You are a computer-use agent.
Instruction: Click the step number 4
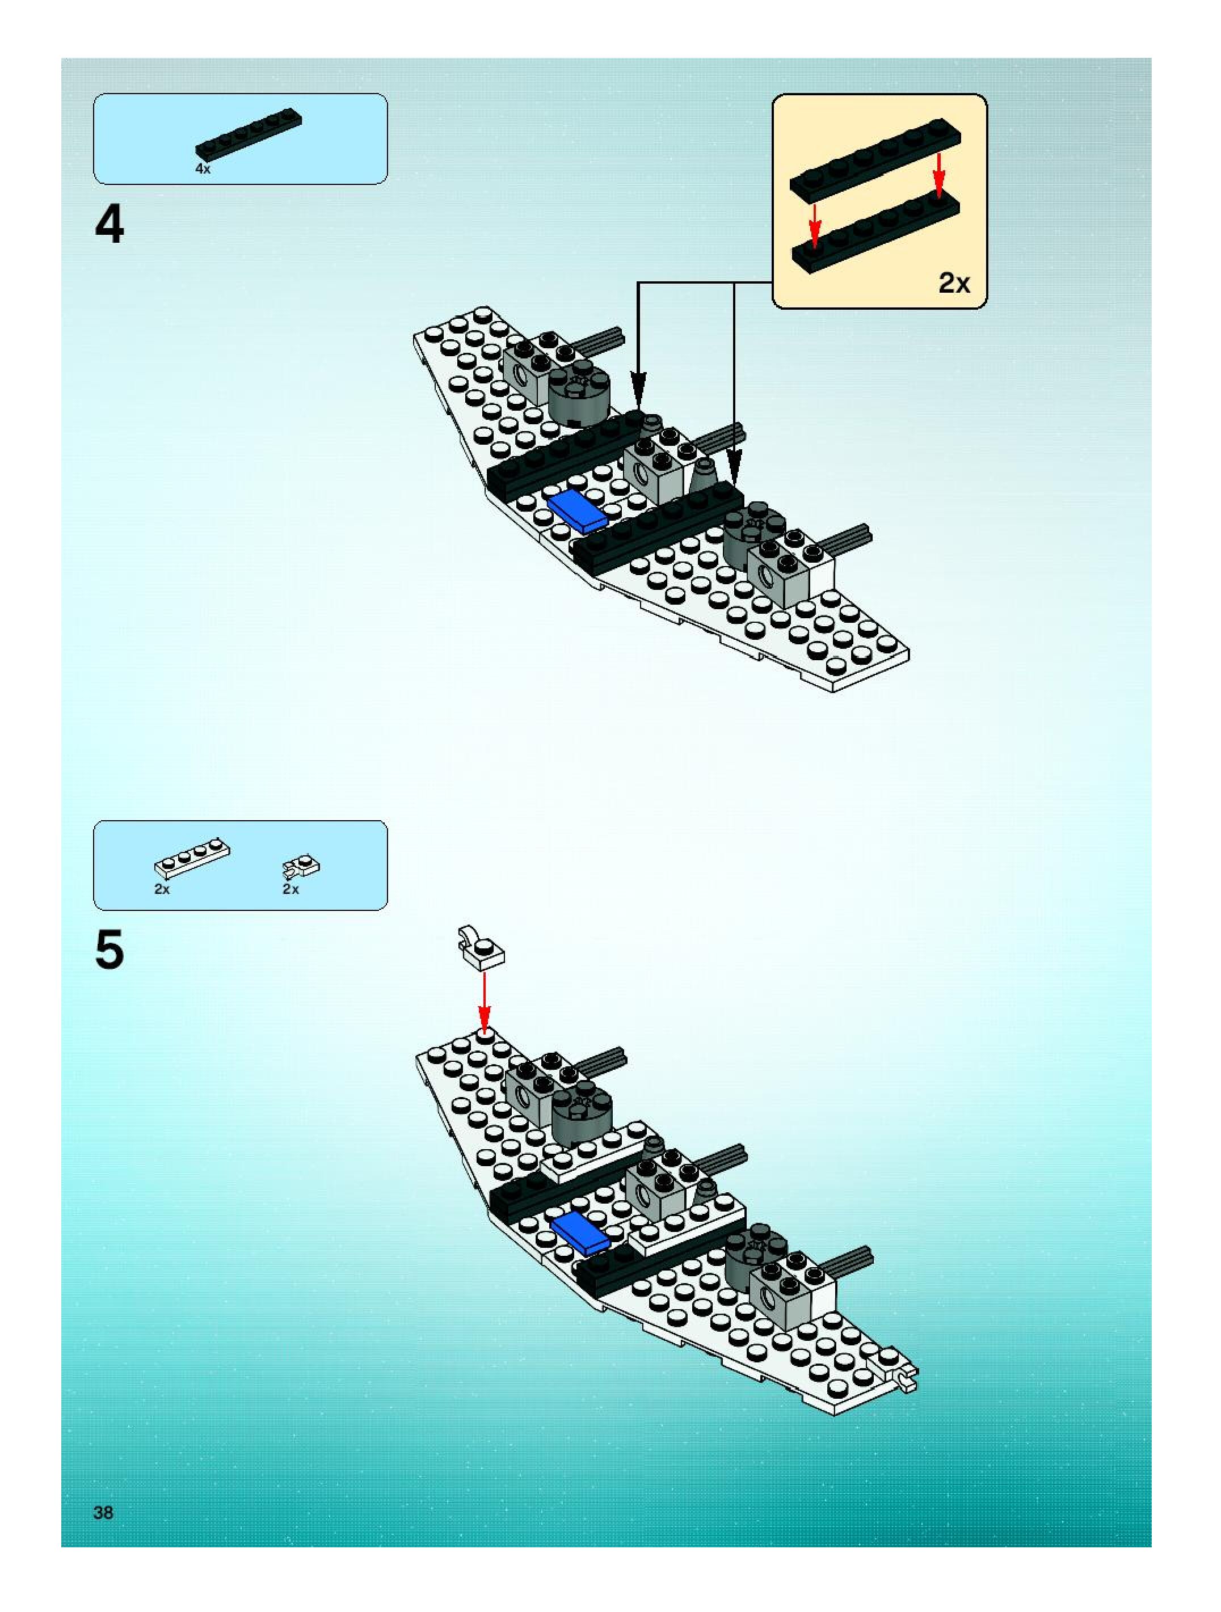(110, 225)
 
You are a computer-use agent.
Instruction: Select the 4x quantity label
(203, 169)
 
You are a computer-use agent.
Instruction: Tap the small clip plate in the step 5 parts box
(301, 866)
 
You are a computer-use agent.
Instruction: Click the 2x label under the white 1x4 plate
(162, 889)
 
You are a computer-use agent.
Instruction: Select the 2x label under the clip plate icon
(291, 889)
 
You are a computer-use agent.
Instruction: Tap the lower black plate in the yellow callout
(875, 233)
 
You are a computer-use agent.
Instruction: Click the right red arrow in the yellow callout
(940, 174)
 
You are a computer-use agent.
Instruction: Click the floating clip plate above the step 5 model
(478, 950)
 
